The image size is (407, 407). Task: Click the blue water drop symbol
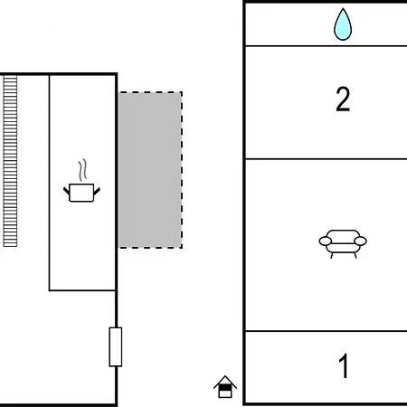pyautogui.click(x=343, y=25)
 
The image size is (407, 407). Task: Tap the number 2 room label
pyautogui.click(x=343, y=99)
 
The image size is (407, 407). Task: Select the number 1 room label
pyautogui.click(x=344, y=365)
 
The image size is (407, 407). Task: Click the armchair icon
pyautogui.click(x=343, y=243)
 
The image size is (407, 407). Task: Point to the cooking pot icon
pyautogui.click(x=81, y=193)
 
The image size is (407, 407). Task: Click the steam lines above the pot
pyautogui.click(x=82, y=170)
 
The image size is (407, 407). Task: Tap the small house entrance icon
pyautogui.click(x=225, y=387)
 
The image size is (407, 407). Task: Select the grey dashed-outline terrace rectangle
pyautogui.click(x=150, y=170)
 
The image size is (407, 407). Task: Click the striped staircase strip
pyautogui.click(x=10, y=161)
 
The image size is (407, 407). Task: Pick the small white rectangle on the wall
pyautogui.click(x=116, y=346)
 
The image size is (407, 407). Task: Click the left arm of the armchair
pyautogui.click(x=326, y=241)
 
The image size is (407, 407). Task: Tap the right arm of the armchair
pyautogui.click(x=361, y=241)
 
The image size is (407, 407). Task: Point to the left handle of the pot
pyautogui.click(x=66, y=191)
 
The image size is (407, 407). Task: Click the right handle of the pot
pyautogui.click(x=97, y=191)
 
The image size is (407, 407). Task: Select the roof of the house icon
pyautogui.click(x=225, y=382)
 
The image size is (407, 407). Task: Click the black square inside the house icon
pyautogui.click(x=224, y=387)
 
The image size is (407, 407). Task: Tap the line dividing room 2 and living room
pyautogui.click(x=327, y=158)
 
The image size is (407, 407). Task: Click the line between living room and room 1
pyautogui.click(x=327, y=331)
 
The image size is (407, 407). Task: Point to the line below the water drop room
pyautogui.click(x=327, y=46)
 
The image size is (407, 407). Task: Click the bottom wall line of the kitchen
pyautogui.click(x=82, y=290)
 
